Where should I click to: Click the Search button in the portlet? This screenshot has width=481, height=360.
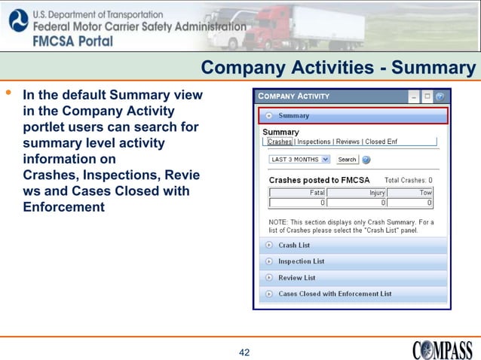coord(347,160)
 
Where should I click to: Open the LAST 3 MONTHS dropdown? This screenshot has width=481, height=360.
coord(300,160)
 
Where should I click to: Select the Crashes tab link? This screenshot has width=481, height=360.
coord(280,142)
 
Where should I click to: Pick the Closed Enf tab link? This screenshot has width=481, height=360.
coord(383,142)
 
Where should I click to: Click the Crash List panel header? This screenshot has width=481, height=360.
coord(294,245)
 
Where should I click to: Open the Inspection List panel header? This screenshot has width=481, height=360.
coord(301,261)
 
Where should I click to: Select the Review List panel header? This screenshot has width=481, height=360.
coord(296,278)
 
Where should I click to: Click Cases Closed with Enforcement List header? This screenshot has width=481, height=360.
coord(335,294)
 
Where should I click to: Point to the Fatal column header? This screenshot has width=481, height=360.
coord(298,193)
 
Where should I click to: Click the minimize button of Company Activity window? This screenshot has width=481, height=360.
coord(413,96)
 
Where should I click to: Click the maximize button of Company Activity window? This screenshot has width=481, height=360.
coord(426,96)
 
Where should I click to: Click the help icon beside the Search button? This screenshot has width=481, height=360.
coord(366,160)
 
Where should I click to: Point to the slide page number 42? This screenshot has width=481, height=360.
coord(244,352)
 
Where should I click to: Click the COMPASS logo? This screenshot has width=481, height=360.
coord(443,350)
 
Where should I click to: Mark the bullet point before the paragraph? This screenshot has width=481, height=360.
coord(9,94)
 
